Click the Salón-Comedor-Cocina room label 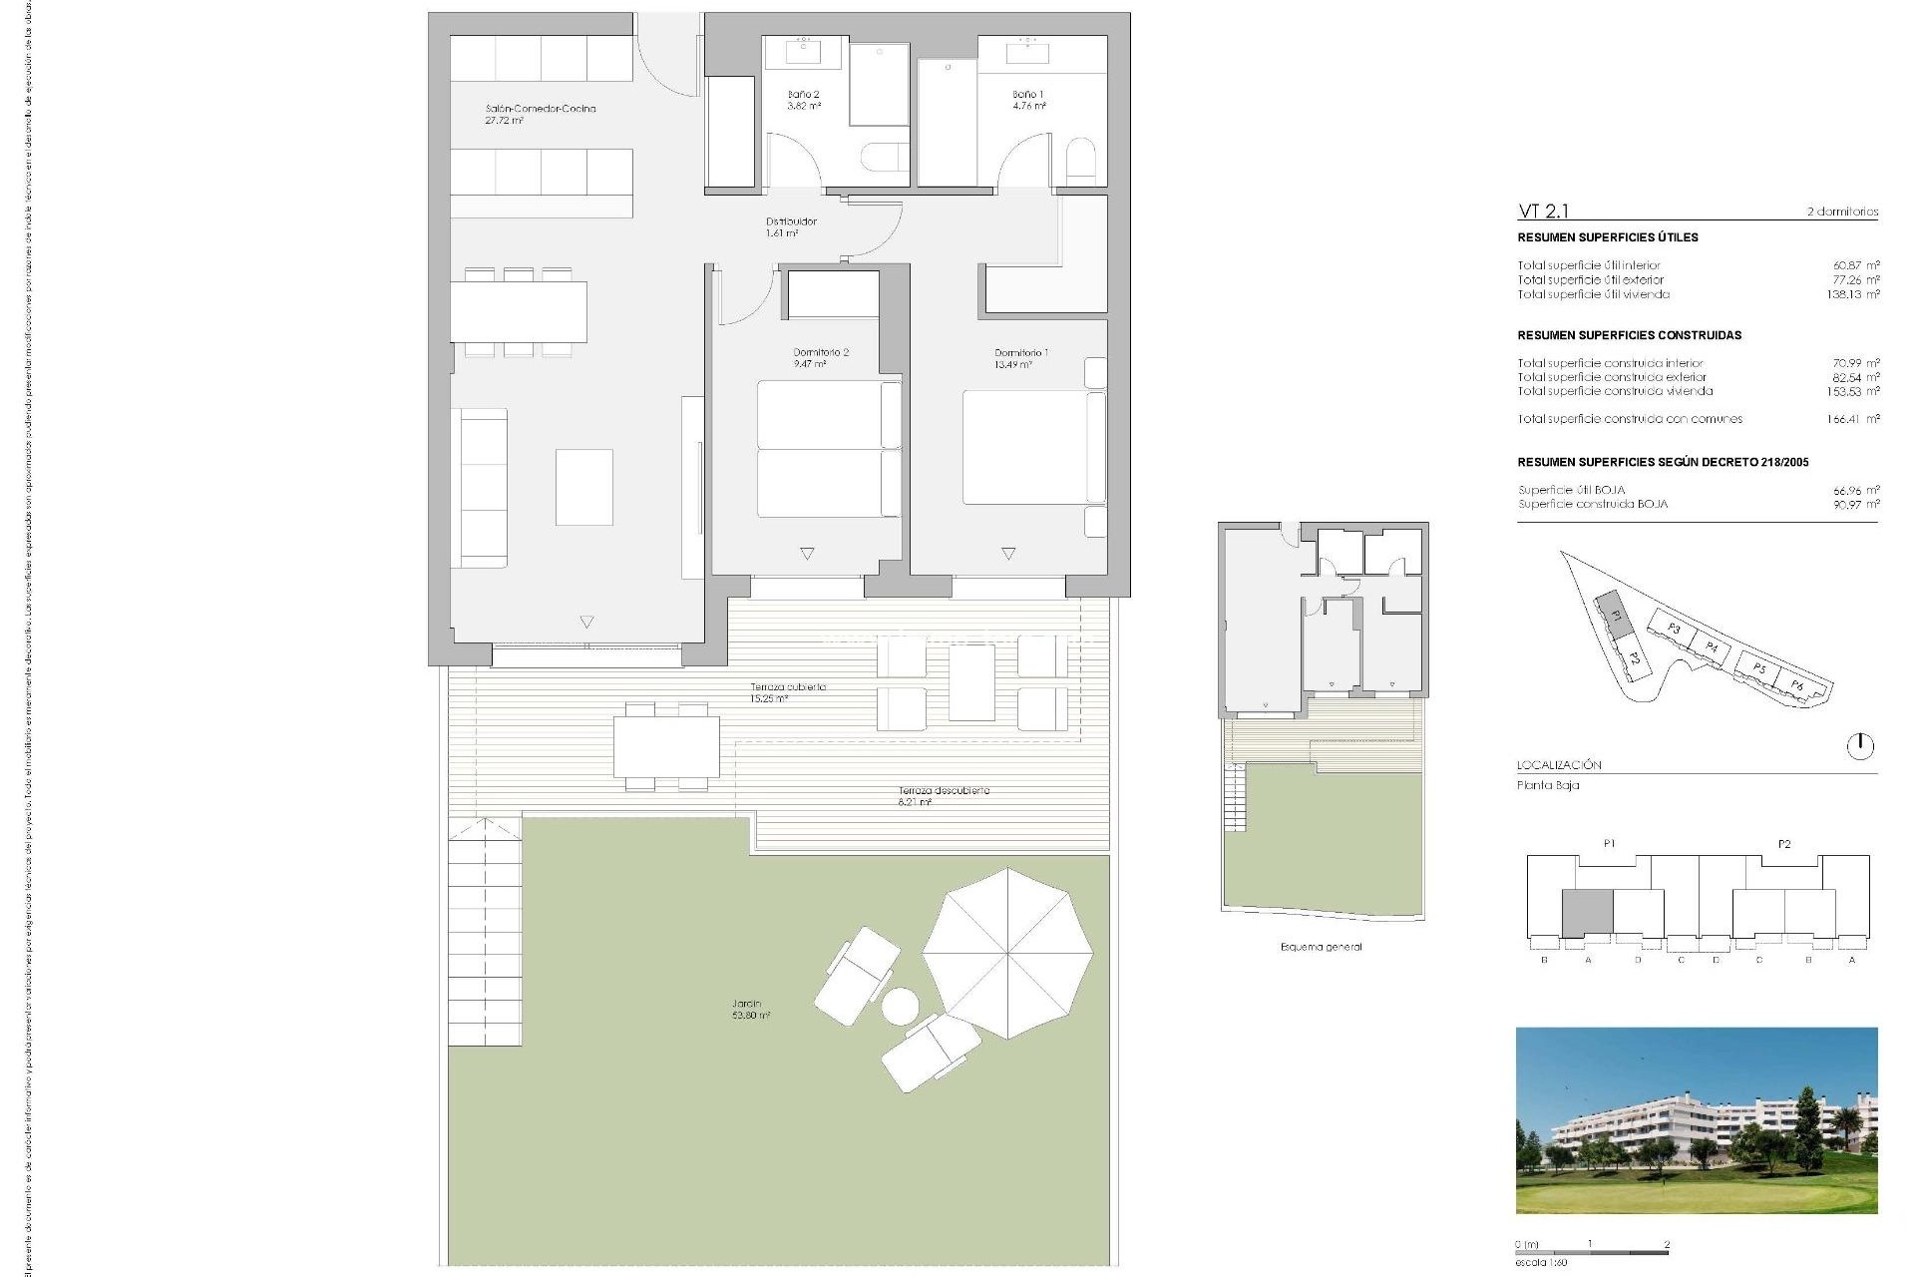[x=540, y=114]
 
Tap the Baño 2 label [x=804, y=100]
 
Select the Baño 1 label [x=1028, y=100]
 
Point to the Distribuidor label [x=791, y=226]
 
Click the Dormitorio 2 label [x=821, y=357]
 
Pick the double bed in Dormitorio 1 [x=1032, y=447]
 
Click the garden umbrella [x=1007, y=953]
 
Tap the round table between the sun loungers [x=901, y=1006]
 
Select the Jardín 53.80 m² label [x=749, y=1009]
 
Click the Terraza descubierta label [x=943, y=795]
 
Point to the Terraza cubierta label [x=787, y=691]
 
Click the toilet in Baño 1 [x=1081, y=162]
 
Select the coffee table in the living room [x=584, y=487]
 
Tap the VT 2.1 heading [x=1543, y=211]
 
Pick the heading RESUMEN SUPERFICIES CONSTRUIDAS [x=1629, y=335]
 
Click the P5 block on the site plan [x=1758, y=667]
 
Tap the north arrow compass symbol [x=1860, y=745]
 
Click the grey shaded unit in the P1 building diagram [x=1587, y=912]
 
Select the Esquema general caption [x=1321, y=947]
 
